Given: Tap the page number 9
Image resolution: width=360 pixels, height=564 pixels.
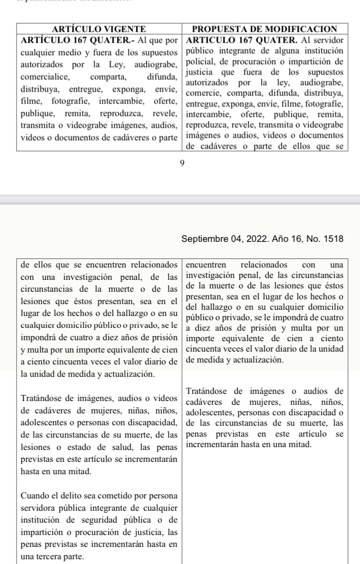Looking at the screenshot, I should (181, 164).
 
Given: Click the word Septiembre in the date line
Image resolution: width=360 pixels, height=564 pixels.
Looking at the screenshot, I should (203, 238).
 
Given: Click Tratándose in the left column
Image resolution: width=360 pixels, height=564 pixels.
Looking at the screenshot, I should (43, 397).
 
